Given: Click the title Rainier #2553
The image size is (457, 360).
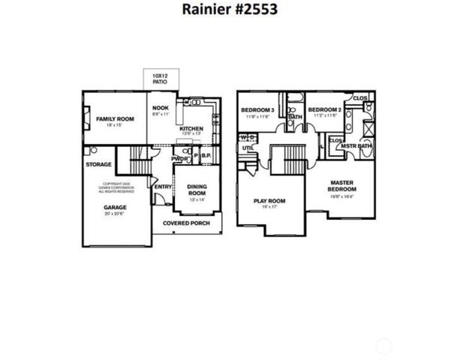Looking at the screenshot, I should pyautogui.click(x=228, y=10).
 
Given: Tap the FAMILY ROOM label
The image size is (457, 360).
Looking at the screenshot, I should pyautogui.click(x=115, y=119).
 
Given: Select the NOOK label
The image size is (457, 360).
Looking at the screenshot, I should pyautogui.click(x=160, y=108).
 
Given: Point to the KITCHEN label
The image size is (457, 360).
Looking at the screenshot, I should pyautogui.click(x=191, y=129).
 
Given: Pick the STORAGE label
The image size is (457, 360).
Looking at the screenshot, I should pyautogui.click(x=98, y=164).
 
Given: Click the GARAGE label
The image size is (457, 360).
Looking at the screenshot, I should pyautogui.click(x=115, y=207).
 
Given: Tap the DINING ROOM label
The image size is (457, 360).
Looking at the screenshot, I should pyautogui.click(x=196, y=190).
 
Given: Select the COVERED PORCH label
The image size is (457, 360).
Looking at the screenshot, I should pyautogui.click(x=187, y=223).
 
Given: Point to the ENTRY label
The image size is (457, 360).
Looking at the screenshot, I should pyautogui.click(x=163, y=187).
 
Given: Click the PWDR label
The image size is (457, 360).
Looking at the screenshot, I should pyautogui.click(x=179, y=159).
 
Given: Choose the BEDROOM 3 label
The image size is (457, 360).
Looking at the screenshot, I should pyautogui.click(x=257, y=110).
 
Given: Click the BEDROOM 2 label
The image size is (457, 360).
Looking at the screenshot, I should pyautogui.click(x=325, y=109).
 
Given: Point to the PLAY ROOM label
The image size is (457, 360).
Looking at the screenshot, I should pyautogui.click(x=269, y=201).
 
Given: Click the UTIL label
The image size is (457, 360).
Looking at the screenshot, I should pyautogui.click(x=247, y=148).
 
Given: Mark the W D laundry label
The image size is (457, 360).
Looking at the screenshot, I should pyautogui.click(x=247, y=137).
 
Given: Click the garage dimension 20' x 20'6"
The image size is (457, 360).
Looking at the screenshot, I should pyautogui.click(x=115, y=214).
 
